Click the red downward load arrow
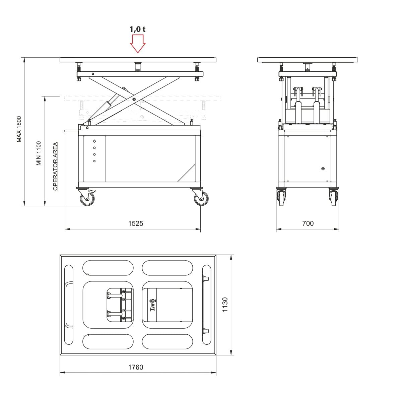pyautogui.click(x=138, y=44)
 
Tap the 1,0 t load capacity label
pyautogui.click(x=137, y=29)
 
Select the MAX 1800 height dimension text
pyautogui.click(x=19, y=129)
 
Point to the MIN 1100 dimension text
pyautogui.click(x=39, y=153)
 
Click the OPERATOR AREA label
pyautogui.click(x=55, y=166)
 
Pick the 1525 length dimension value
pyautogui.click(x=136, y=223)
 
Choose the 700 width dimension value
pyautogui.click(x=308, y=223)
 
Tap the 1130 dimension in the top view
pyautogui.click(x=225, y=305)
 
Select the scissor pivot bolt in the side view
pyautogui.click(x=134, y=99)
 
